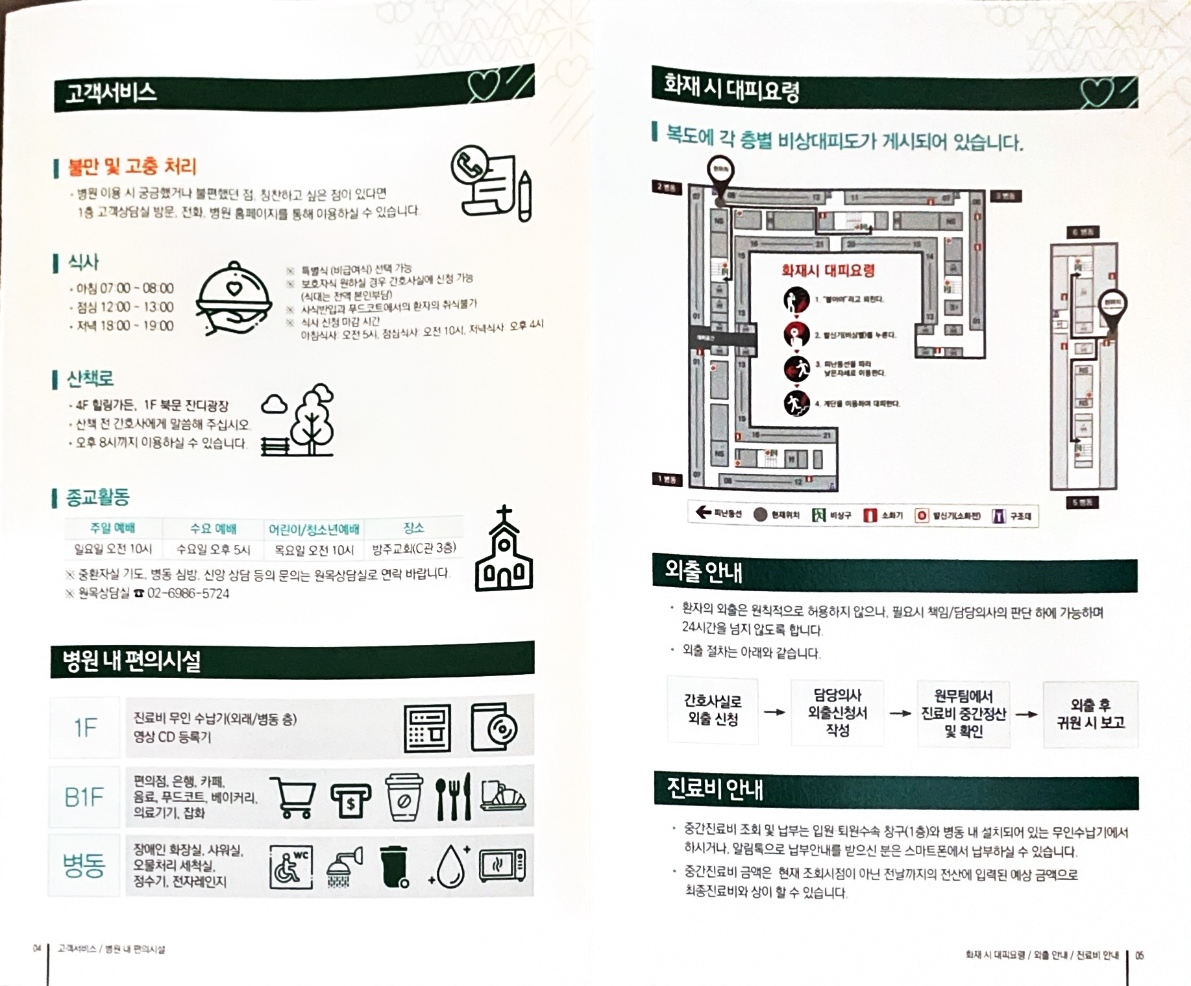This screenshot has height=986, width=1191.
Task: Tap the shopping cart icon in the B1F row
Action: pos(293,796)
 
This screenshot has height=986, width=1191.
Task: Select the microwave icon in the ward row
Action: pos(502,865)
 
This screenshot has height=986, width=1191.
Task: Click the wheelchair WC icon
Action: pos(290,866)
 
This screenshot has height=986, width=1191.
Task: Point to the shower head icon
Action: pos(343,866)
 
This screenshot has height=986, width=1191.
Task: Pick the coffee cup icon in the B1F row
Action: pos(403,796)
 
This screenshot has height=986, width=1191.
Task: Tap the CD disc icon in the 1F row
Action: pos(493,727)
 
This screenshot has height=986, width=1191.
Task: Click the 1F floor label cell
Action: pos(85,727)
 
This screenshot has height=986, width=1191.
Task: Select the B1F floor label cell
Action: pos(84,797)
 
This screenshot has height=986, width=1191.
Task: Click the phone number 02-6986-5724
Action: pos(188,594)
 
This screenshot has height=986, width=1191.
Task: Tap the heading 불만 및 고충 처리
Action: pos(132,167)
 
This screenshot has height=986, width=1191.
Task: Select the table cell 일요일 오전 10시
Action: pos(113,549)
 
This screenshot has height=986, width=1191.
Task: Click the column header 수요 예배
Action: pos(213,529)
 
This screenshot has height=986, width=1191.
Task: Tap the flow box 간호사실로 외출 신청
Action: pos(712,710)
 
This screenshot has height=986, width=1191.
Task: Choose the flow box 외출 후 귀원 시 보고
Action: pos(1090,714)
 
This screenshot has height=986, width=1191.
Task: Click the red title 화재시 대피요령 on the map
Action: pos(828,270)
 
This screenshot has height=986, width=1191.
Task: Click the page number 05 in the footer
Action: pos(1140,955)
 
